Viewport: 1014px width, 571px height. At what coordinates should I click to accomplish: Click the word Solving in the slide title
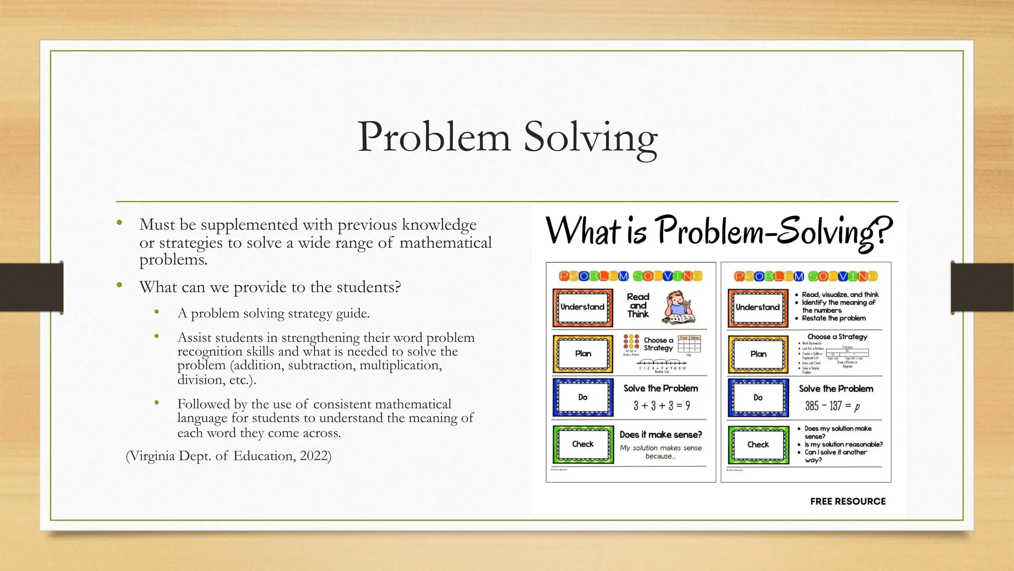[590, 138]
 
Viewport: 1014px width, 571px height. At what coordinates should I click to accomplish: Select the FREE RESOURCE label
[848, 501]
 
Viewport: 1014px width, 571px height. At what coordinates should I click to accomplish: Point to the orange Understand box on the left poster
[583, 307]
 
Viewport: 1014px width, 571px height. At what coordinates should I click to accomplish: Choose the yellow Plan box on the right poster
[758, 354]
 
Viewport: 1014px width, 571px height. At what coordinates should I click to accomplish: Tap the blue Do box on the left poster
[583, 398]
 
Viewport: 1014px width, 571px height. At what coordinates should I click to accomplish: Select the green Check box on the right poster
[758, 445]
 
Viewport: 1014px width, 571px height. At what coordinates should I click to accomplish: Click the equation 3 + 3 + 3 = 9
[661, 406]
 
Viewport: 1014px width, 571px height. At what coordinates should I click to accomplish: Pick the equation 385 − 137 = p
[832, 406]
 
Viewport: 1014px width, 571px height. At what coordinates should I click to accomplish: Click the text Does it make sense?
[660, 435]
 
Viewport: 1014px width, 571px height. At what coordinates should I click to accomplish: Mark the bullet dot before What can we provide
[119, 285]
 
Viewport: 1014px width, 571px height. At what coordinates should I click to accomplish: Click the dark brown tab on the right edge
[982, 287]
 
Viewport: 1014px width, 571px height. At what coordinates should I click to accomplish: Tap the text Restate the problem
[834, 318]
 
